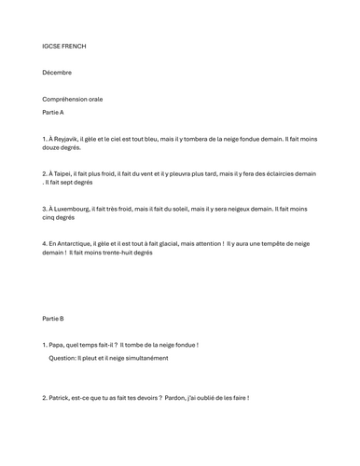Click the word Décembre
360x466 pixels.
pos(57,72)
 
